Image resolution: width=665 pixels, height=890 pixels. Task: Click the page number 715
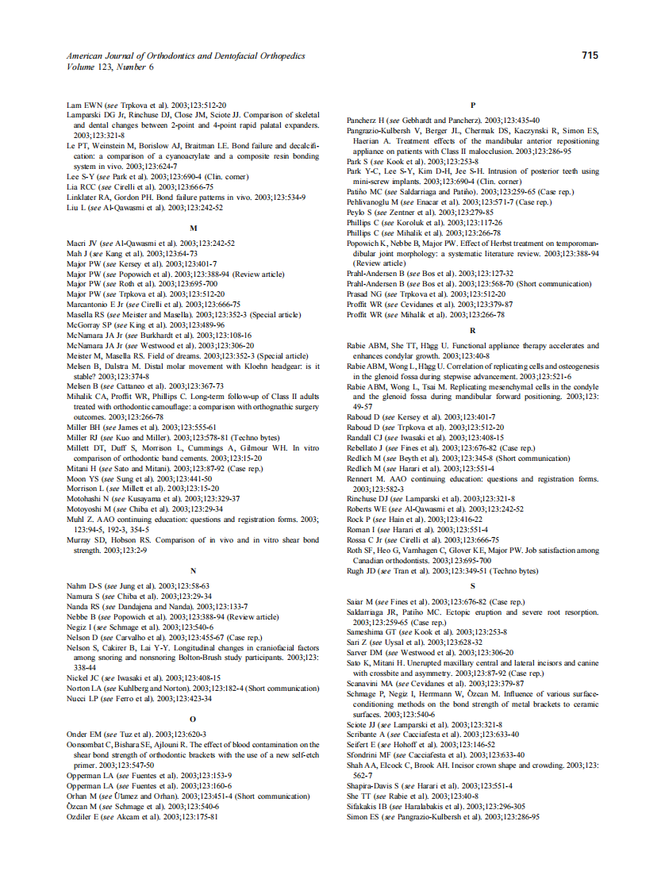click(x=589, y=56)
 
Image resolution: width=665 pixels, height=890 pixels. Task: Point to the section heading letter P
click(x=473, y=105)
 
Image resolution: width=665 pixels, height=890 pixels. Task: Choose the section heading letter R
click(x=473, y=329)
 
